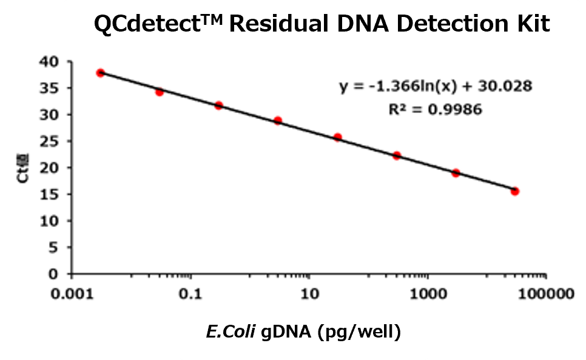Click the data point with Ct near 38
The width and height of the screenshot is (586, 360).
click(101, 73)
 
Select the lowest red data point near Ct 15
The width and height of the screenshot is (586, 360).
click(514, 191)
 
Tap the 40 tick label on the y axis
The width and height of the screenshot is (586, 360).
click(50, 61)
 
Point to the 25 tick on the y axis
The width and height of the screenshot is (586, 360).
click(50, 141)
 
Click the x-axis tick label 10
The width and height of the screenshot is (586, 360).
click(309, 295)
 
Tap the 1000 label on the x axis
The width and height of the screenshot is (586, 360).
click(429, 295)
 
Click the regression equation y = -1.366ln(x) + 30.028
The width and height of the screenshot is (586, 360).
click(436, 86)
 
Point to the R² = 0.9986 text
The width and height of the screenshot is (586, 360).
click(436, 110)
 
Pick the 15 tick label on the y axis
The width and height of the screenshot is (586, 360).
click(50, 194)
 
